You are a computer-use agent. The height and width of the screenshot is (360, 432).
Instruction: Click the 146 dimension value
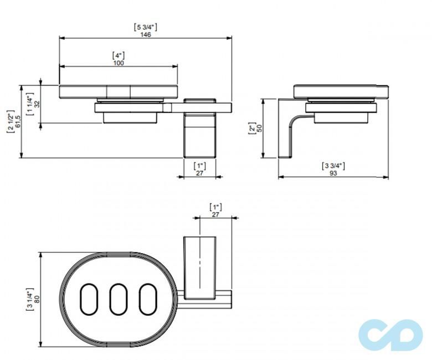(146, 34)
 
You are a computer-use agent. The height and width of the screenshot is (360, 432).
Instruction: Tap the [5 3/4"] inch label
(146, 27)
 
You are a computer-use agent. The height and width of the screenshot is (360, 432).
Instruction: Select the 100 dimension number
(119, 63)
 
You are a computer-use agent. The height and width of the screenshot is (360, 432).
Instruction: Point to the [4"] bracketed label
(119, 55)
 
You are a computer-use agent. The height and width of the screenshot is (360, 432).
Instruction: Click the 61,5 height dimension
(18, 121)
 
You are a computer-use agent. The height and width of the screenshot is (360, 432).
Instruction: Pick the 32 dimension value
(37, 104)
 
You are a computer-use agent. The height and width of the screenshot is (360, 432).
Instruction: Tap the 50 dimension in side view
(259, 128)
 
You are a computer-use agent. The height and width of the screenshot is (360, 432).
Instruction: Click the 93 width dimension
(333, 173)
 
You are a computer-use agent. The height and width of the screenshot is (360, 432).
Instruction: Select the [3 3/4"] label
(333, 166)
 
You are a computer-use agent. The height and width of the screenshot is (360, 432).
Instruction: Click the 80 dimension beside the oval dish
(37, 299)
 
